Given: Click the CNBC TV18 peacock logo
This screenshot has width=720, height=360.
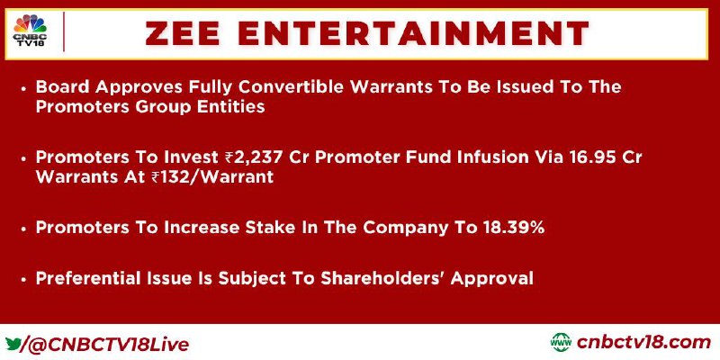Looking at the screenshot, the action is tap(30, 31).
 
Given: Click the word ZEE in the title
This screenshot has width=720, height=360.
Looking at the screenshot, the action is tap(184, 33).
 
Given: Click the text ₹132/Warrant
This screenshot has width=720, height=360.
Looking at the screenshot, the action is tap(211, 176).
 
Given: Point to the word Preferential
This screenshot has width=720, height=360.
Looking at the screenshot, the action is tap(86, 278).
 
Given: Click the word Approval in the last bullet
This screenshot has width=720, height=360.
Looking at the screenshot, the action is tap(491, 279).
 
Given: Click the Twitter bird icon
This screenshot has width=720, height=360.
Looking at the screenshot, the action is tap(13, 344).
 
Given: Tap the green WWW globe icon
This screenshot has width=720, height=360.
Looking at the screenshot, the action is tap(561, 343).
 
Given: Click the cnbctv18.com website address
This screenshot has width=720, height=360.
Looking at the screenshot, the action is tap(643, 343).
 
